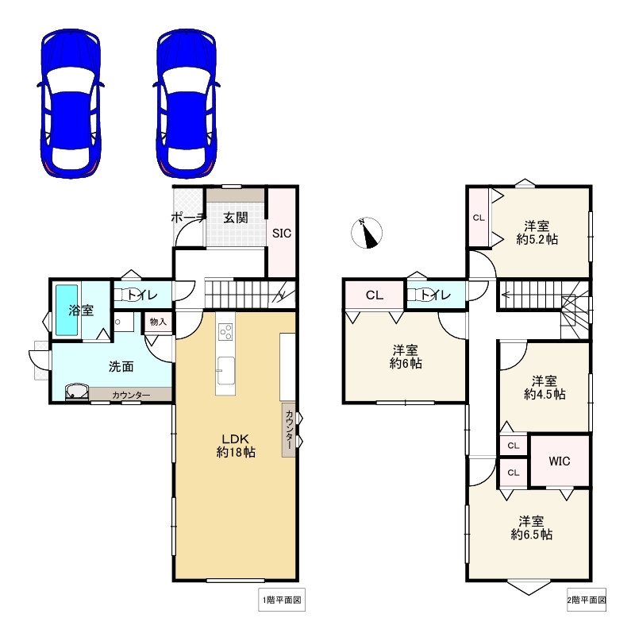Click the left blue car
click(71, 103)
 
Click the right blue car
click(187, 103)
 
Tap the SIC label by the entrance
click(282, 234)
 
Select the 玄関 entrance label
click(236, 218)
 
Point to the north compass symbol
click(367, 233)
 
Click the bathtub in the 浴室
click(67, 311)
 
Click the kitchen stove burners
click(225, 331)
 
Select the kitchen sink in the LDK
click(225, 371)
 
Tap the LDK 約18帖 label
click(236, 446)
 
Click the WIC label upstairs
click(560, 461)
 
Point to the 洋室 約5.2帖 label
click(537, 232)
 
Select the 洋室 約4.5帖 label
click(545, 388)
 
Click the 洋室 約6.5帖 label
click(532, 527)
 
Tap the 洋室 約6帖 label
click(406, 357)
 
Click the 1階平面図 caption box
click(282, 600)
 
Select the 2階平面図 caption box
click(587, 600)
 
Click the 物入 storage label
click(158, 322)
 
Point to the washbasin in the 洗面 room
click(77, 392)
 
